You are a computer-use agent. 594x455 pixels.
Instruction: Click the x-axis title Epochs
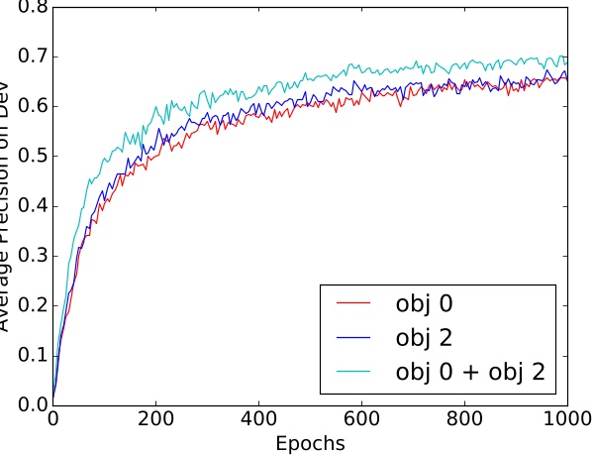(311, 443)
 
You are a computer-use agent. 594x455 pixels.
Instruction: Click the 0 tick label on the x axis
(52, 420)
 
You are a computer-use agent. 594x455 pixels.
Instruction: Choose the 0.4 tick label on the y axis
(27, 207)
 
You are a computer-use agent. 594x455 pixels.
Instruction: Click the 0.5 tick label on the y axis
(27, 157)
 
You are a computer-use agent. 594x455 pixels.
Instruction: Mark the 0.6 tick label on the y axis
(27, 107)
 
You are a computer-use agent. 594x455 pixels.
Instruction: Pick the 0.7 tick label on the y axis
(27, 57)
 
